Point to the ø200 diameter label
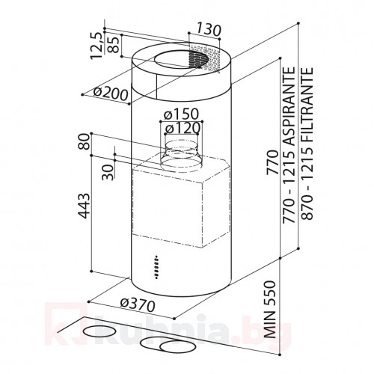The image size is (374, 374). click(x=104, y=91)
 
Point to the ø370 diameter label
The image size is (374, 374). click(x=137, y=306)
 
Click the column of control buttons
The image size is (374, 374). click(x=156, y=267)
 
